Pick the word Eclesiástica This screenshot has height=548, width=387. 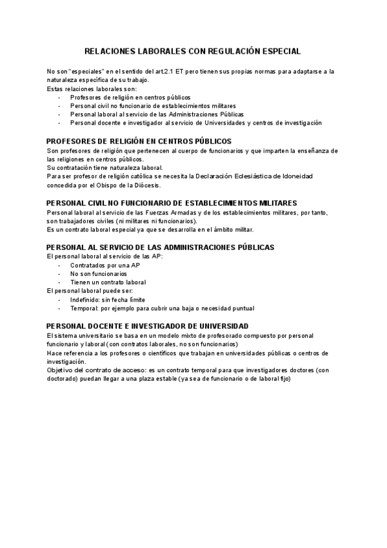point(249,176)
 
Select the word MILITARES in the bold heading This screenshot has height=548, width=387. point(270,203)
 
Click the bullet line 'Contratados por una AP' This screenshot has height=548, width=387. point(104,265)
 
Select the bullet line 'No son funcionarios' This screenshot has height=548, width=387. point(99,273)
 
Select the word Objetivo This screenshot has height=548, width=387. point(61,370)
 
